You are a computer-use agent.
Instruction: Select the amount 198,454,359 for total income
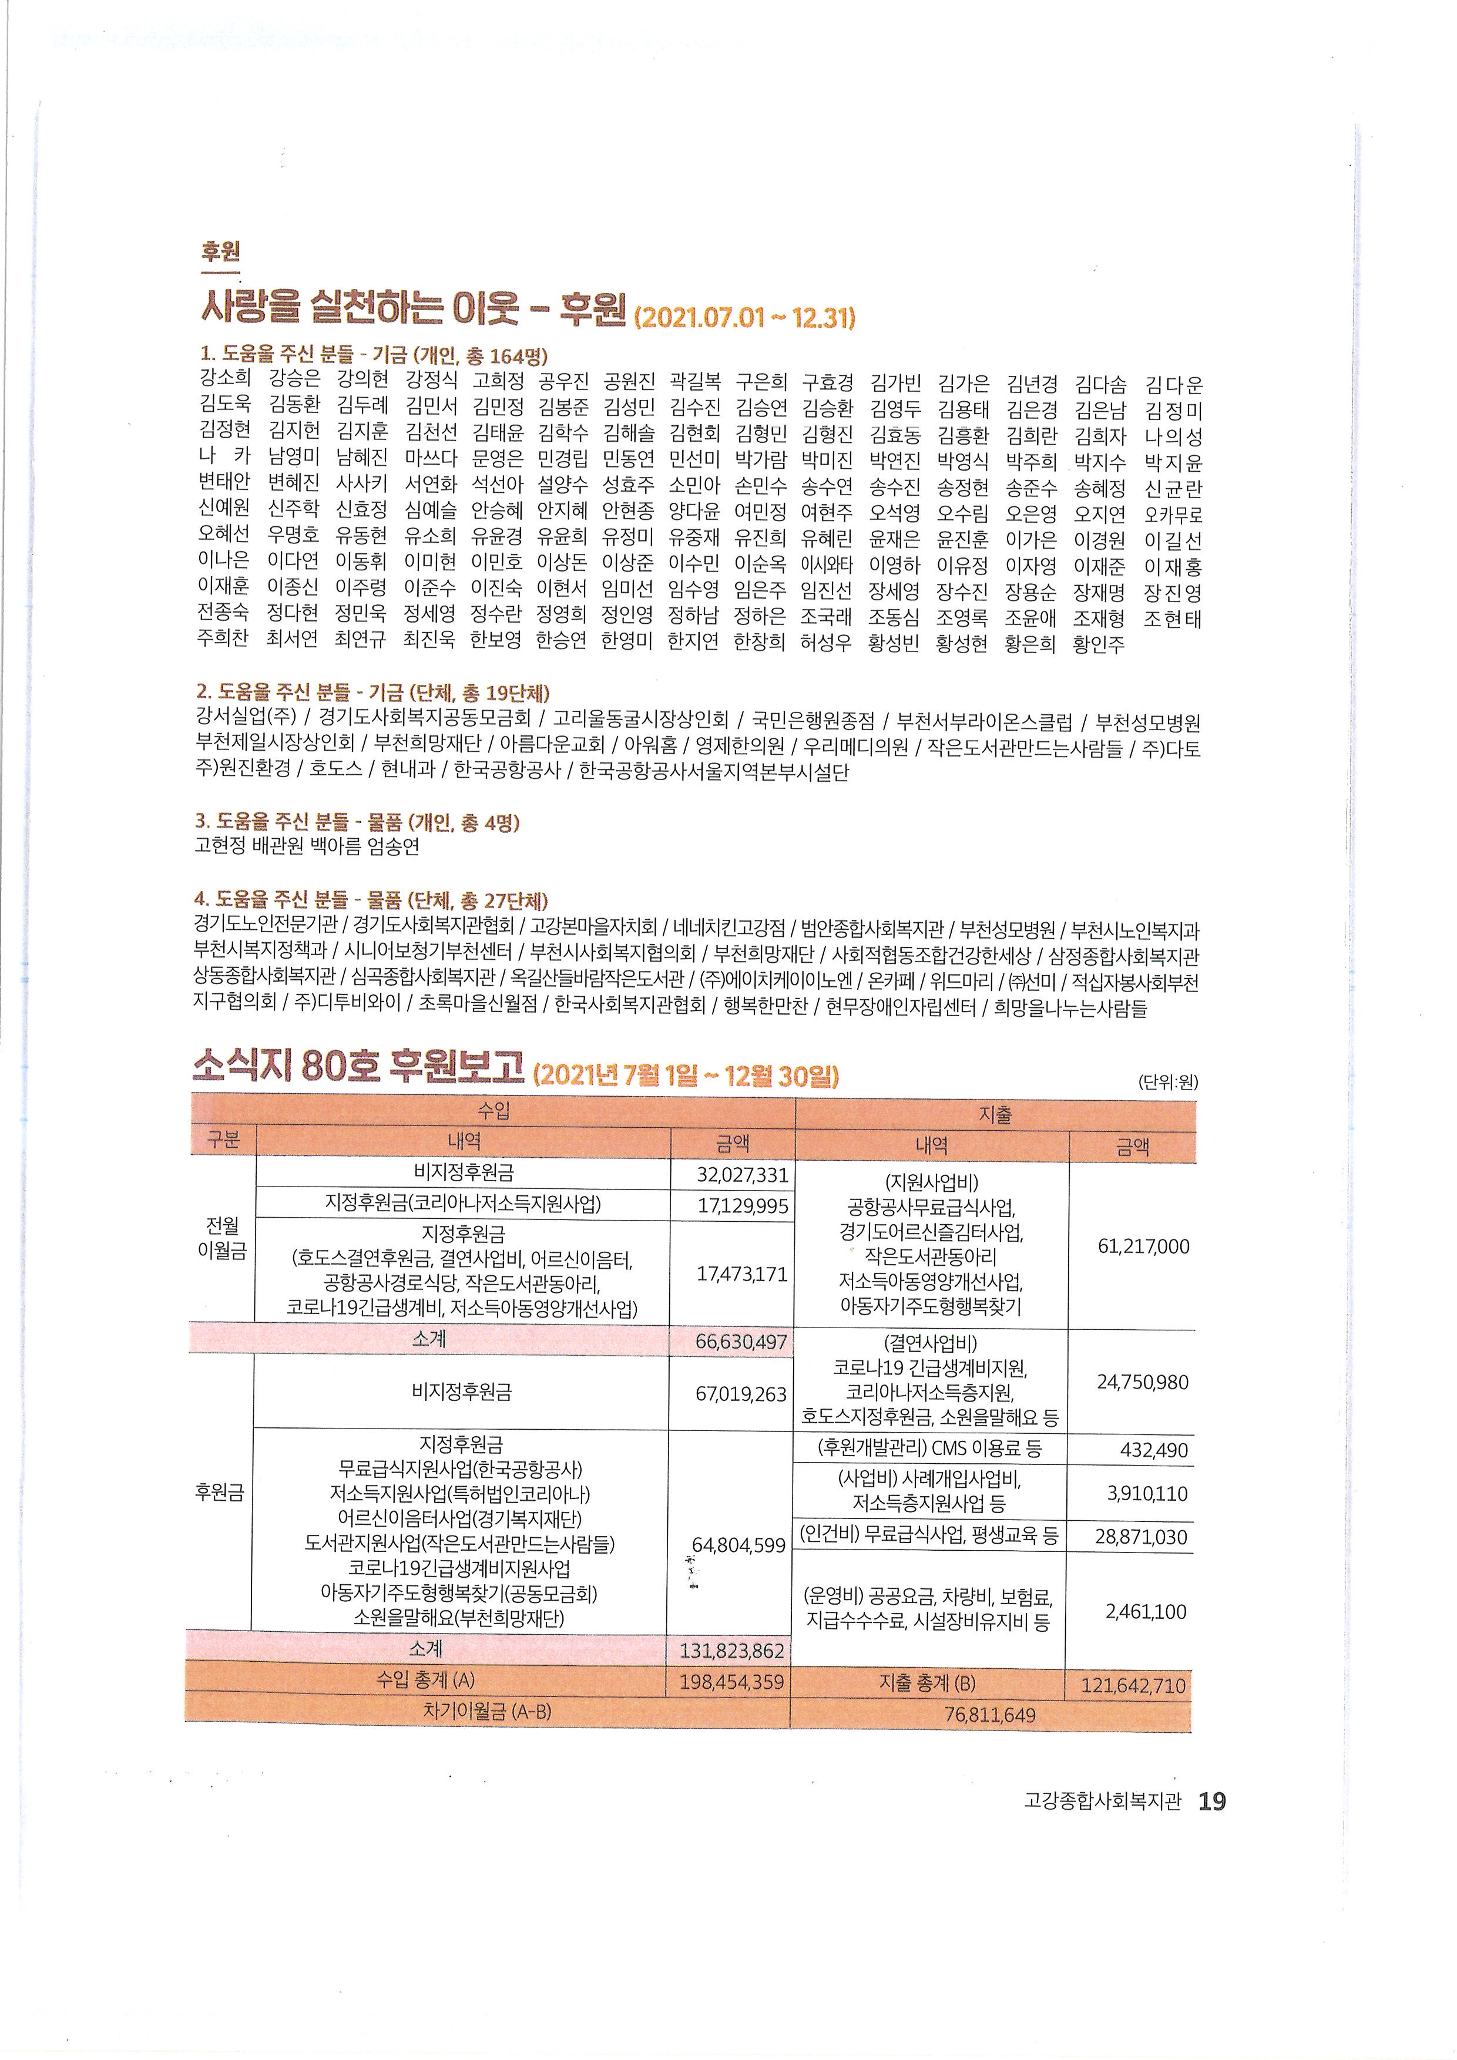point(731,1681)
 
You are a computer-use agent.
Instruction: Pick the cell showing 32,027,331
point(742,1174)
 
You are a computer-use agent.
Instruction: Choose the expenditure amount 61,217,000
point(1143,1246)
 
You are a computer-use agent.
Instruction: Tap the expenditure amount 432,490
point(1154,1450)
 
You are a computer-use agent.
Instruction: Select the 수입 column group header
point(493,1111)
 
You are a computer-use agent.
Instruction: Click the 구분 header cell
point(223,1140)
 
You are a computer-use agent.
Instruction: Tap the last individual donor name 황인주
point(1098,644)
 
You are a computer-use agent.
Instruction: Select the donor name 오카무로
point(1173,516)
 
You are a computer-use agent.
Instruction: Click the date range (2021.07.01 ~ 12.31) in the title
point(744,318)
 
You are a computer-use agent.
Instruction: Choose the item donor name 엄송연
point(392,846)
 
